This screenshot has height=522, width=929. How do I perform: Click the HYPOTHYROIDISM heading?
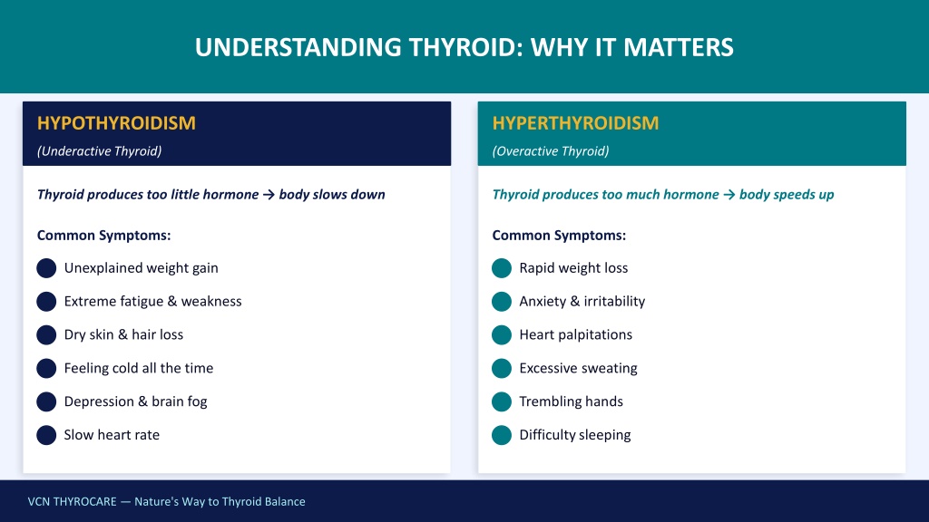click(116, 123)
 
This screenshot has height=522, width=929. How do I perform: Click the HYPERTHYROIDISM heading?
click(575, 123)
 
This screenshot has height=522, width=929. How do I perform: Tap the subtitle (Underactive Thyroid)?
click(100, 151)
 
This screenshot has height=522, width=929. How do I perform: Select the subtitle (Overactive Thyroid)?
click(551, 151)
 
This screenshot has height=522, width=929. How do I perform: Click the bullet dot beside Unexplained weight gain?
click(46, 268)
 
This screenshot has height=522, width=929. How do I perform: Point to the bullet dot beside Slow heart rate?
click(46, 435)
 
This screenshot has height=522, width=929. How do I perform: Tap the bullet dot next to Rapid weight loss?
click(501, 268)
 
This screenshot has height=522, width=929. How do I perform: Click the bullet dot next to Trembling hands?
click(501, 401)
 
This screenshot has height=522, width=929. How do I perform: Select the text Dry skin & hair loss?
click(123, 334)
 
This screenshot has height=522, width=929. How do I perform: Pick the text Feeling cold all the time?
click(139, 368)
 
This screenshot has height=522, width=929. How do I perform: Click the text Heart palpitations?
click(576, 335)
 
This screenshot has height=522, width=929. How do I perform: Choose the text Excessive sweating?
click(578, 368)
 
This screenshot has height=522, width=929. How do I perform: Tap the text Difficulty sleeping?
click(575, 435)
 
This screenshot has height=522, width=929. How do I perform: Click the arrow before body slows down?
click(269, 195)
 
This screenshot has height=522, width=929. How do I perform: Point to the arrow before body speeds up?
click(729, 195)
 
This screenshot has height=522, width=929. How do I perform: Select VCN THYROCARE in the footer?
click(73, 502)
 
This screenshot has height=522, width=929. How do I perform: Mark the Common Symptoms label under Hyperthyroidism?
click(559, 236)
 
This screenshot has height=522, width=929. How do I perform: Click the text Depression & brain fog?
click(136, 401)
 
